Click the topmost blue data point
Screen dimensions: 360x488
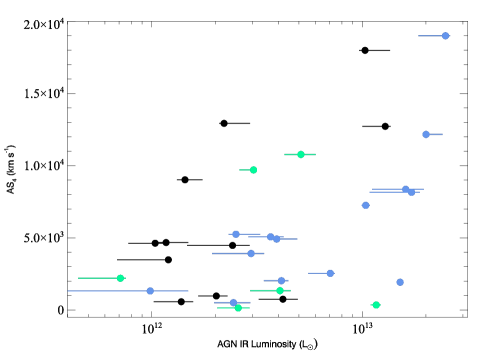click(x=445, y=36)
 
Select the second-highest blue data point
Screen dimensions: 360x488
click(x=426, y=134)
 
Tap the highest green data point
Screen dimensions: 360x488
click(x=300, y=154)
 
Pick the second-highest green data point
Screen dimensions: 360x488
click(x=253, y=170)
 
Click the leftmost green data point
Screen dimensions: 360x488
click(x=120, y=278)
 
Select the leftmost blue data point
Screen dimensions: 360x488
click(x=150, y=291)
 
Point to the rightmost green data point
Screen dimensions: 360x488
click(x=376, y=305)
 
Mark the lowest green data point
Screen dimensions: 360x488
click(x=238, y=308)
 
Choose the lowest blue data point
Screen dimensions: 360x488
click(x=233, y=302)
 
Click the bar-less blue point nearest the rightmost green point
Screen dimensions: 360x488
click(x=400, y=282)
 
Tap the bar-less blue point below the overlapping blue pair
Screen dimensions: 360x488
click(x=366, y=205)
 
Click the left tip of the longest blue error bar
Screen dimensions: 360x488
click(x=68, y=291)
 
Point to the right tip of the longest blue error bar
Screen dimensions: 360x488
click(x=188, y=291)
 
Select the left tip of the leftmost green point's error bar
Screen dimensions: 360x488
click(x=79, y=278)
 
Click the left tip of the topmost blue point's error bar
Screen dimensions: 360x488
click(x=418, y=36)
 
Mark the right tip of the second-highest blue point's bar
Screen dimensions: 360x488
click(x=442, y=134)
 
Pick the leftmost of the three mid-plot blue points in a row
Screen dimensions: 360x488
click(x=236, y=234)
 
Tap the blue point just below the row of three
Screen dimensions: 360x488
click(x=251, y=253)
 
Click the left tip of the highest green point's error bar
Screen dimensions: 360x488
click(x=284, y=154)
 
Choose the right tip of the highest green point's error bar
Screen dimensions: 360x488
click(x=315, y=154)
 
